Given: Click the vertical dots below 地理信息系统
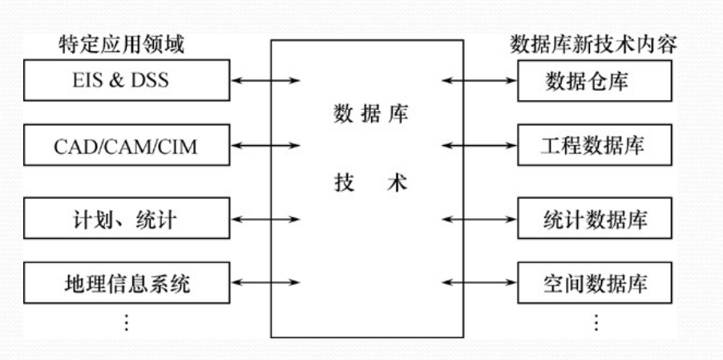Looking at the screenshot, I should click(125, 323).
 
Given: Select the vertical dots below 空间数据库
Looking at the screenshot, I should click(595, 323).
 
